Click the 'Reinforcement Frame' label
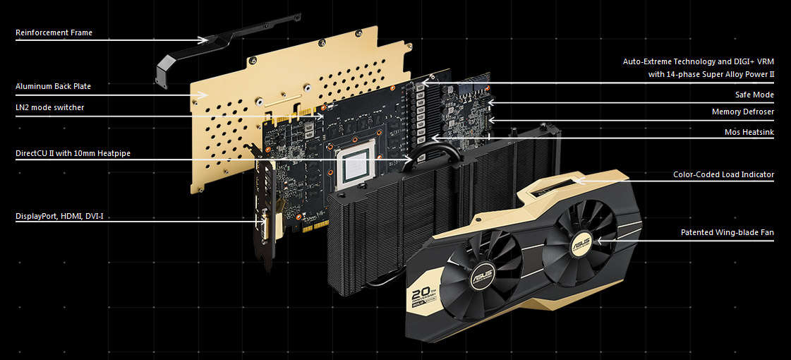click(x=54, y=32)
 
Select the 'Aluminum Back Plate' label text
click(x=54, y=86)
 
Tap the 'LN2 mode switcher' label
click(x=50, y=107)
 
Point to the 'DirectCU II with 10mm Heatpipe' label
click(x=73, y=153)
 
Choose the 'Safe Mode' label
click(x=754, y=95)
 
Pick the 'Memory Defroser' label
click(x=742, y=112)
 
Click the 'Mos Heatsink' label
click(x=749, y=132)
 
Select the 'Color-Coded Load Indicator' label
click(x=723, y=174)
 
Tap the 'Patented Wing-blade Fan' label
click(x=727, y=233)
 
